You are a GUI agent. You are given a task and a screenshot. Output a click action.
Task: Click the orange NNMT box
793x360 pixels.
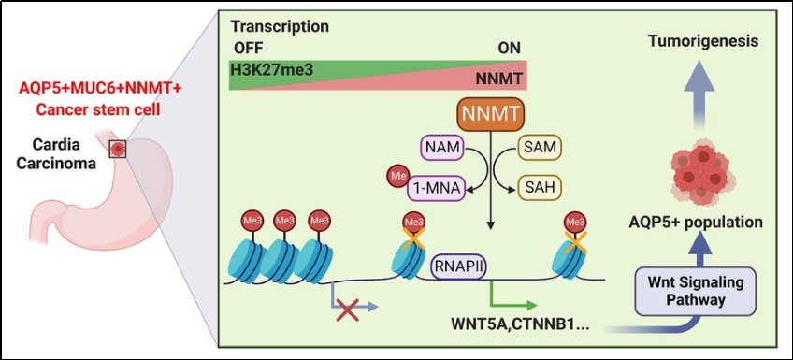pos(490,116)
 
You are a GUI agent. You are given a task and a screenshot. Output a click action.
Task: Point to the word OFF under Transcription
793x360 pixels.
pos(246,48)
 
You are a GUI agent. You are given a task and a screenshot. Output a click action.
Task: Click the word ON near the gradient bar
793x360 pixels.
pos(510,48)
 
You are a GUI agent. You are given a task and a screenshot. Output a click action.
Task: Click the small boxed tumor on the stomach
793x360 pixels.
pos(117,149)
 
